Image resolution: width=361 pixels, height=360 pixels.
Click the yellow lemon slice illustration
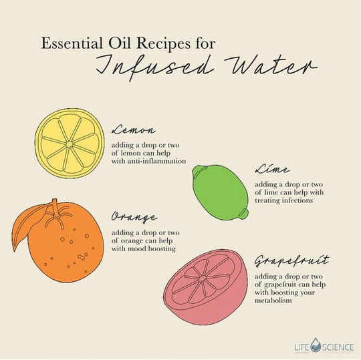(x=70, y=144)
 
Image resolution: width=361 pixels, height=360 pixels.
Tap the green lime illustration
(x=221, y=192)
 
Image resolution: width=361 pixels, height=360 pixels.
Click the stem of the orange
(x=55, y=208)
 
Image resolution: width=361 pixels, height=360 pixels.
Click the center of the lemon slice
(x=69, y=144)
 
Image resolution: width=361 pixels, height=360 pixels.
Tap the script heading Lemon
(x=134, y=130)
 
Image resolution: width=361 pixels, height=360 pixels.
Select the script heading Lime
(x=272, y=169)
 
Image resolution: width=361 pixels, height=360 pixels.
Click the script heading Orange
(x=134, y=217)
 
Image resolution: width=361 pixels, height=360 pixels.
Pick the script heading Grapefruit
(x=291, y=261)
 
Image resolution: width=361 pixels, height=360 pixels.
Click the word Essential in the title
(x=72, y=43)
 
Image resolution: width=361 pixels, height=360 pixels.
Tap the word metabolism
(x=273, y=301)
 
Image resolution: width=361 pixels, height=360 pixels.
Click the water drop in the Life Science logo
(x=316, y=345)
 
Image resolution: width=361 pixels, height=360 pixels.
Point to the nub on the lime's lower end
(x=244, y=214)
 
